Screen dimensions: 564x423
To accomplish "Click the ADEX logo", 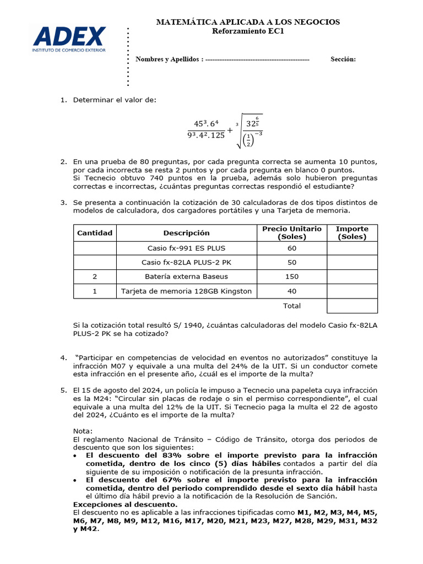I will (x=69, y=39).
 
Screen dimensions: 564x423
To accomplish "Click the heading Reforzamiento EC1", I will (x=248, y=31).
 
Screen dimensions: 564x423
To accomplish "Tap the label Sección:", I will (x=343, y=59).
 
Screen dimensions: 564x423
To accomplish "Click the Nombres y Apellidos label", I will (x=170, y=59).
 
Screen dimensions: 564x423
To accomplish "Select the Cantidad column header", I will (x=95, y=233).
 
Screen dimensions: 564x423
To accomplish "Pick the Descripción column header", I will (x=186, y=233).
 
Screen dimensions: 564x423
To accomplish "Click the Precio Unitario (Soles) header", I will (x=291, y=233).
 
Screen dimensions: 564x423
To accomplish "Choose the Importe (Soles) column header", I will (x=352, y=233).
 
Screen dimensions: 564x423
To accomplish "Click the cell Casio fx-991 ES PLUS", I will (x=186, y=248).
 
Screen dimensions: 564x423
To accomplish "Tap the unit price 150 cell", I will (x=291, y=276).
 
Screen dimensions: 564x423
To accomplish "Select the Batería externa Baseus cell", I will (x=186, y=276).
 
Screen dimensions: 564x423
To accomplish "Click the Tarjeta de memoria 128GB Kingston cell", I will (x=186, y=291).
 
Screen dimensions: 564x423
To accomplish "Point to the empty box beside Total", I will (x=352, y=306).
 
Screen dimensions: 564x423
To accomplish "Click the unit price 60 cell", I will (x=291, y=248).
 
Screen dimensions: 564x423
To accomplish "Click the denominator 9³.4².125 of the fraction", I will (x=206, y=135).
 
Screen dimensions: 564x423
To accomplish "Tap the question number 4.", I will (x=63, y=358).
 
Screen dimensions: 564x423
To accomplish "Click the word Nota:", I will (x=83, y=431).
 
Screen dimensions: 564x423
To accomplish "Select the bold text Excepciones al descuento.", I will (x=125, y=505).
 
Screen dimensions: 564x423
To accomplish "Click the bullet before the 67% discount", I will (x=75, y=480).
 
